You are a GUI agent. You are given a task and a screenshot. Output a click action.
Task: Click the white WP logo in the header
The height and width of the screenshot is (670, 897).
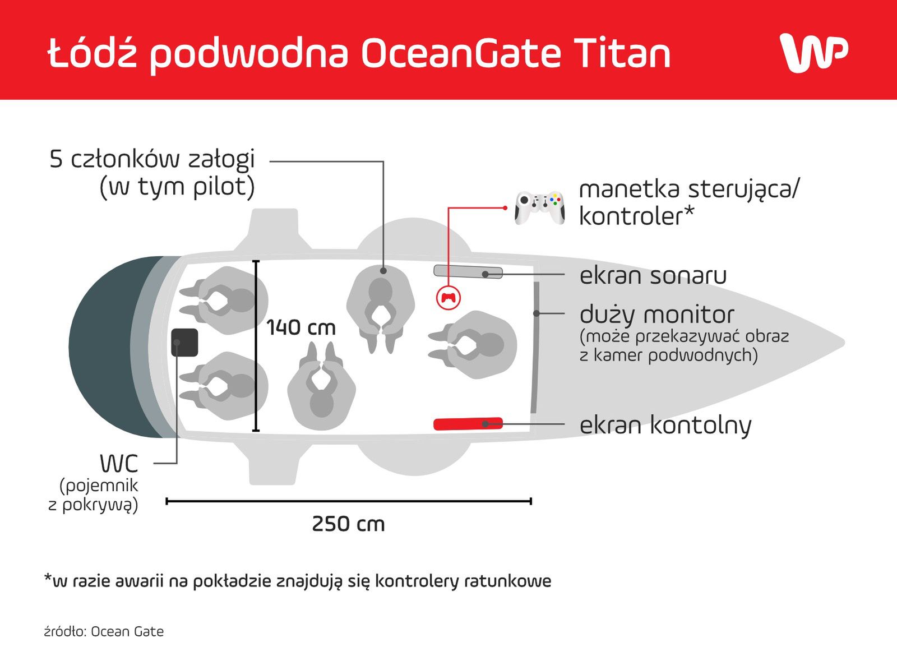[x=813, y=53]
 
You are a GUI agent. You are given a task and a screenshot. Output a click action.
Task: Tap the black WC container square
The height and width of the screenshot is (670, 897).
[x=184, y=343]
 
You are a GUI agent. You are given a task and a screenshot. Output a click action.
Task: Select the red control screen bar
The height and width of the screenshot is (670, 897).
[x=468, y=424]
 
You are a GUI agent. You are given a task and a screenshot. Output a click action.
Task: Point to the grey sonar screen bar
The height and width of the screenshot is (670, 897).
[x=468, y=272]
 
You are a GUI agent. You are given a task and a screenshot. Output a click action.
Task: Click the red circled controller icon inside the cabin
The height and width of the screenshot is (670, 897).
[x=449, y=297]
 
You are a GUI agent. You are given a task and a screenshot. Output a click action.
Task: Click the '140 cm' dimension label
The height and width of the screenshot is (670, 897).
[x=300, y=327]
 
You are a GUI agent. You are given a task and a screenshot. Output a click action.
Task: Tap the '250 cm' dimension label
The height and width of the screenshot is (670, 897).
[x=348, y=524]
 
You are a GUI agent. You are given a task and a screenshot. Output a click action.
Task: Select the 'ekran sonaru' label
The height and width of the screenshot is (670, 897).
[x=653, y=276]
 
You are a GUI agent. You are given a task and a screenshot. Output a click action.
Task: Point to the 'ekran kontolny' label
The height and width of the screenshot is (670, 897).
[x=665, y=426]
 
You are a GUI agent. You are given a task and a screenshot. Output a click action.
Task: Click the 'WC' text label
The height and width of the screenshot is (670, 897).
[x=119, y=464]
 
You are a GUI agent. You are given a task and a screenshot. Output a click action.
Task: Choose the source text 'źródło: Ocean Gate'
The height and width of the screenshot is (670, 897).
[x=104, y=631]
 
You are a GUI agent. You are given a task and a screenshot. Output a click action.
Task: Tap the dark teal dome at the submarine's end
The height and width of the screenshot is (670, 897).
[x=110, y=347]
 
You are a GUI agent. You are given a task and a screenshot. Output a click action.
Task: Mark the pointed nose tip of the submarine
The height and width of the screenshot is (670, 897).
[x=844, y=343]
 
